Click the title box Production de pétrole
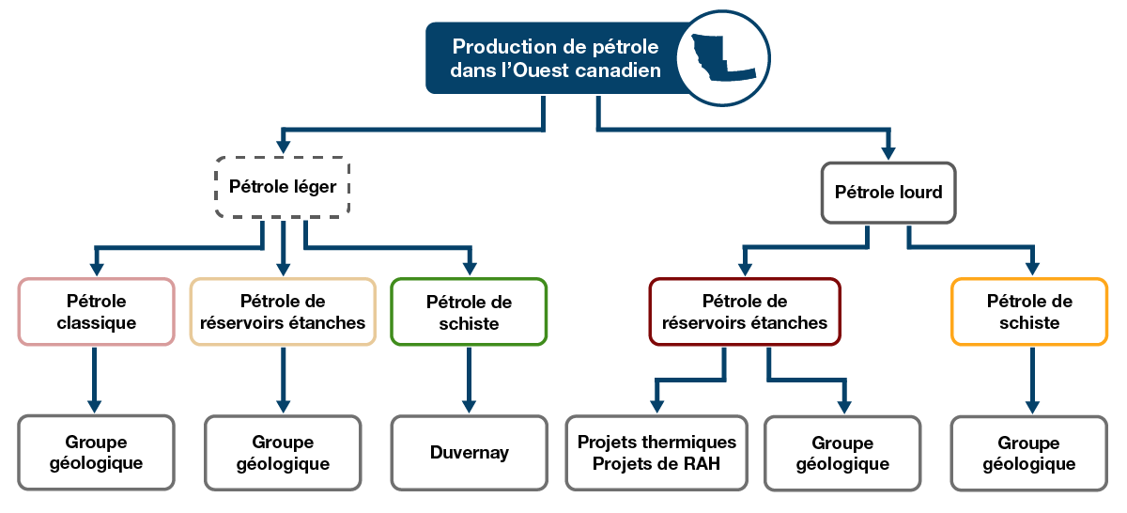[x=554, y=58]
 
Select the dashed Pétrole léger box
[x=283, y=187]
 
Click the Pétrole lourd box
[x=888, y=193]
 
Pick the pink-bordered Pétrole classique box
[x=96, y=312]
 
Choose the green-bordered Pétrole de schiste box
[x=469, y=312]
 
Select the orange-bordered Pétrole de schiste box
[x=1029, y=312]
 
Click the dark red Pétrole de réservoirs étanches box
[x=745, y=312]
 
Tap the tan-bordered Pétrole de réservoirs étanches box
[x=283, y=312]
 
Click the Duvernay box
[x=469, y=452]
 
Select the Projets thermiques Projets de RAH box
[x=656, y=452]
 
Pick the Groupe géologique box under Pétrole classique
[x=96, y=452]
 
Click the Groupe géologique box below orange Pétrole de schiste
[x=1029, y=453]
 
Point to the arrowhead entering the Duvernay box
[x=469, y=406]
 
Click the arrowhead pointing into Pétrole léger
[x=283, y=147]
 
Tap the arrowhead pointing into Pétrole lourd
[x=888, y=152]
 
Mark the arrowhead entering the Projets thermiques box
[x=656, y=406]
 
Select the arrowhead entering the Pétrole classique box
[x=96, y=269]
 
